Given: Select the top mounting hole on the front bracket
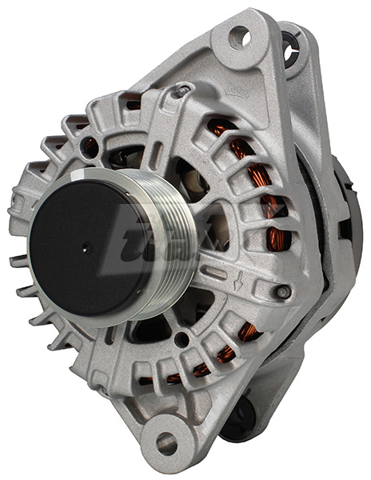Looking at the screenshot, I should coord(239,36).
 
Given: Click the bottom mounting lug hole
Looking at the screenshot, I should coord(166,442).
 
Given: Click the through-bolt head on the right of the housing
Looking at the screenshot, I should coord(281,293).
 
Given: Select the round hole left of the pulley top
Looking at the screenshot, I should coord(90,148).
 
